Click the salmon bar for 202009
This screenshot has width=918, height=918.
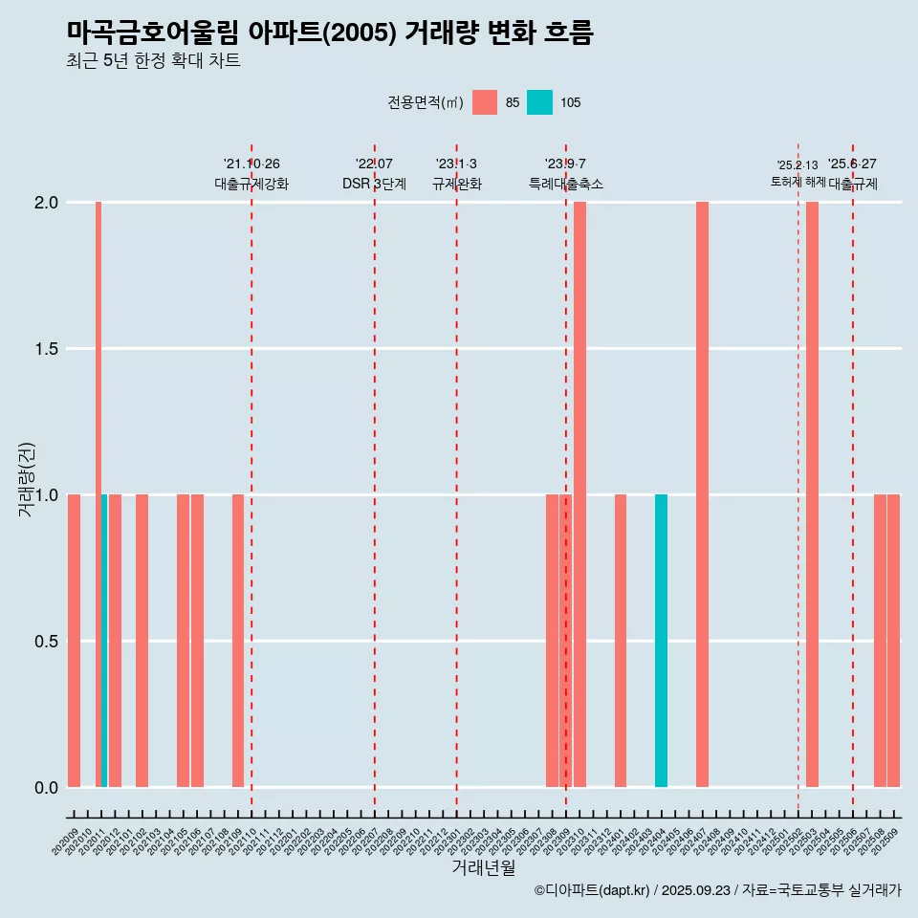[x=74, y=641]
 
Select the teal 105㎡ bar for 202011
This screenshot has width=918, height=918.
[x=104, y=641]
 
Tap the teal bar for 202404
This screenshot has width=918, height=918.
[x=661, y=641]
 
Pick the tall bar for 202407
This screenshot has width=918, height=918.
[x=702, y=494]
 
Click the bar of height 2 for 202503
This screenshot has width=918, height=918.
[x=812, y=494]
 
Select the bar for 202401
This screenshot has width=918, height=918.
[x=621, y=641]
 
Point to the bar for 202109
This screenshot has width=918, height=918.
[x=238, y=641]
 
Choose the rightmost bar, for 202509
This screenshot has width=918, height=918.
[x=893, y=641]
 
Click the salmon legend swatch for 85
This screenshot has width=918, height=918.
[x=485, y=102]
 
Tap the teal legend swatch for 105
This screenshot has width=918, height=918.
[x=540, y=102]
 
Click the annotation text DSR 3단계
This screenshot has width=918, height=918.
[x=374, y=184]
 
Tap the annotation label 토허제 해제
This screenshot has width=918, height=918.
[x=798, y=182]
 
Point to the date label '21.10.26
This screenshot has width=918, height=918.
[x=251, y=164]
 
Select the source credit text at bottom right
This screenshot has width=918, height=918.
[x=717, y=891]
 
